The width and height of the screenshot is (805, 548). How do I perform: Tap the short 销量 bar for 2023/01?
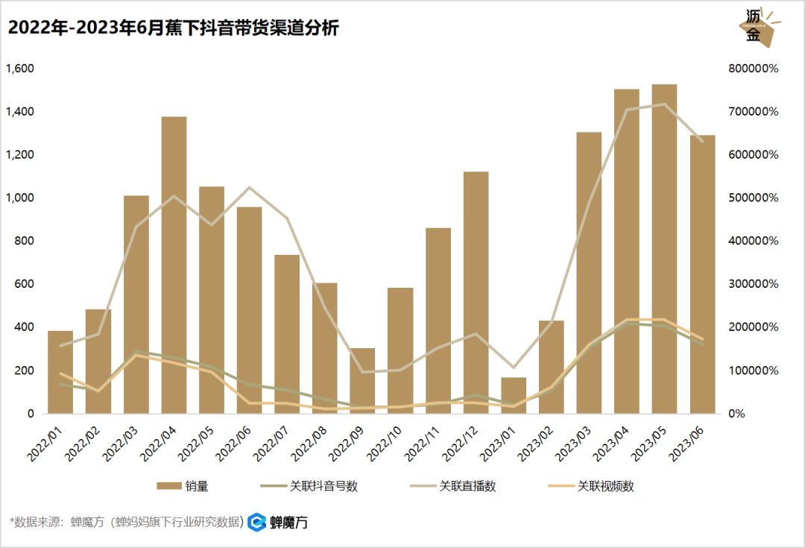pyautogui.click(x=514, y=395)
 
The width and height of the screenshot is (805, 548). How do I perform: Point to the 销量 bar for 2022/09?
pyautogui.click(x=362, y=380)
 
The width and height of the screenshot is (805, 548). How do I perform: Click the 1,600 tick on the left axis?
pyautogui.click(x=20, y=69)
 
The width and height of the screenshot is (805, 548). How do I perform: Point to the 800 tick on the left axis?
pyautogui.click(x=25, y=241)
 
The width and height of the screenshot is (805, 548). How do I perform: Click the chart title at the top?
pyautogui.click(x=174, y=29)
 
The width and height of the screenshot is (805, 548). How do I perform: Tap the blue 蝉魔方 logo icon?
pyautogui.click(x=257, y=522)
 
